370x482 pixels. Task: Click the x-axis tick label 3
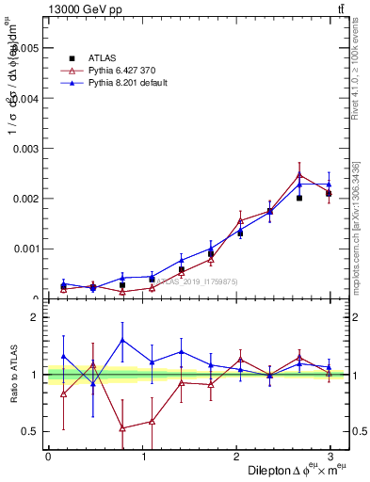330,457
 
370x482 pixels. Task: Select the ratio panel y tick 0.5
31,432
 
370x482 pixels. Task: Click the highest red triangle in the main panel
299,175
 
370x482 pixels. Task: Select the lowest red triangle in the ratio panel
122,428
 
